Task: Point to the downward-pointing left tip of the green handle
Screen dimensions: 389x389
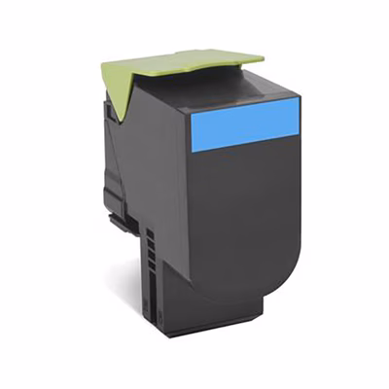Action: point(113,118)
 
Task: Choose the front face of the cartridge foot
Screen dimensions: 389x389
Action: point(194,321)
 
